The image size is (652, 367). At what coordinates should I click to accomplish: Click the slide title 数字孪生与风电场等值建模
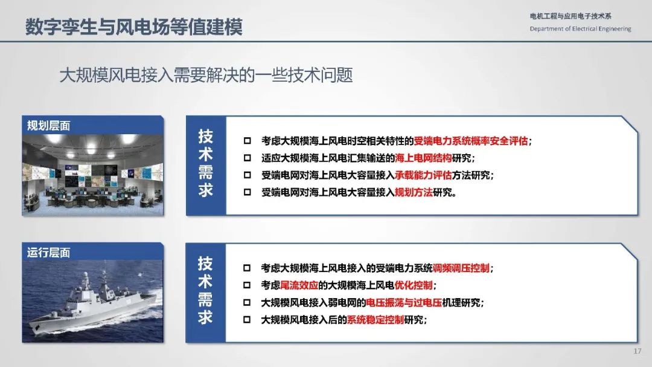[133, 27]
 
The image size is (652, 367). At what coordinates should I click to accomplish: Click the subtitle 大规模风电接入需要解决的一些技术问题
[206, 75]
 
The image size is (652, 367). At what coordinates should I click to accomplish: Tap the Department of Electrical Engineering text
[580, 29]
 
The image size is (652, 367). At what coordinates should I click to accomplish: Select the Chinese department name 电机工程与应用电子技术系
[570, 16]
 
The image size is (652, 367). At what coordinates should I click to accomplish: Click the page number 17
[638, 351]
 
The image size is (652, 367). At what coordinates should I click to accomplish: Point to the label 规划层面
[49, 125]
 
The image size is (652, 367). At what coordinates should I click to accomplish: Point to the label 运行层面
[49, 253]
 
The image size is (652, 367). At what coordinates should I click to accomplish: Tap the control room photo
[93, 175]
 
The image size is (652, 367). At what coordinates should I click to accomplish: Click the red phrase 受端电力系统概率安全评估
[471, 141]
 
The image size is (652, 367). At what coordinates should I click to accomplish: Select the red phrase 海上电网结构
[423, 158]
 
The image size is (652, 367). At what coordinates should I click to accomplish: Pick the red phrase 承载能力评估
[423, 175]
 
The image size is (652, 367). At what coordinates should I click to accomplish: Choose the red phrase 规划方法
[414, 192]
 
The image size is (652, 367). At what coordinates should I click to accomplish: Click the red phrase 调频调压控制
[461, 268]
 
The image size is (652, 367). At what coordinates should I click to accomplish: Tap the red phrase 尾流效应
[299, 285]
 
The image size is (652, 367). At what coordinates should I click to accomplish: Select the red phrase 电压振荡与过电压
[404, 302]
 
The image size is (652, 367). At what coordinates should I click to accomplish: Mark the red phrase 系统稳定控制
[375, 319]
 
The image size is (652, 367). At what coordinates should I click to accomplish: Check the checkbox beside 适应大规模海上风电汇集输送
[247, 158]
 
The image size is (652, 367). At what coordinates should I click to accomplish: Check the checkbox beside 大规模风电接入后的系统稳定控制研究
[247, 319]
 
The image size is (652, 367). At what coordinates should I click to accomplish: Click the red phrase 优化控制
[414, 285]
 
